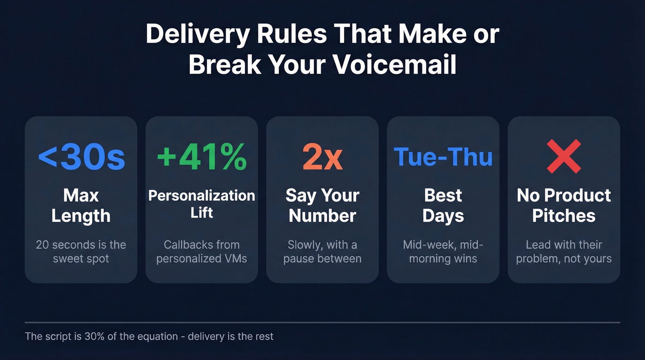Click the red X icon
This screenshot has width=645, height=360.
coord(563,157)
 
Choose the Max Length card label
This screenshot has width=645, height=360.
coord(81,206)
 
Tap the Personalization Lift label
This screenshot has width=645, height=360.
coord(202,203)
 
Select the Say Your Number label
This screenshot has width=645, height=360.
coord(322,206)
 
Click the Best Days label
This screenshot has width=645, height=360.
coord(443,206)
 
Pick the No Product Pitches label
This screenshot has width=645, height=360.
coord(564,206)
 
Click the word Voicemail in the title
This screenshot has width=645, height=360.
coord(394,65)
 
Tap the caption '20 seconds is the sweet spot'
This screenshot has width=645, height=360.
coord(81,251)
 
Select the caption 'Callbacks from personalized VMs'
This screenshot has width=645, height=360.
coord(202,251)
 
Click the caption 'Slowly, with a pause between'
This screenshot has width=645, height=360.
coord(322,251)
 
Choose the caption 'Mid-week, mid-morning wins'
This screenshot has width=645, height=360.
coord(443,251)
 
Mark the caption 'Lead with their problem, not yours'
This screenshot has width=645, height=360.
coord(564,251)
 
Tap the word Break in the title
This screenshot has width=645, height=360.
coord(224,65)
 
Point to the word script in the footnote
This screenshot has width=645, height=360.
coord(56,336)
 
